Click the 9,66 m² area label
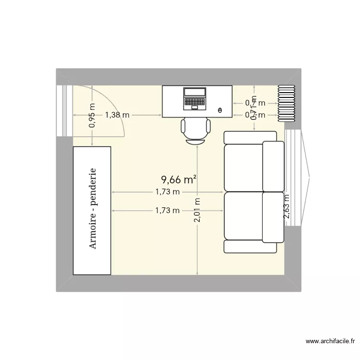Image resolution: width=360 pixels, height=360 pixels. click(179, 180)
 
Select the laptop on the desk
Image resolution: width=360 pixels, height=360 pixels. click(194, 98)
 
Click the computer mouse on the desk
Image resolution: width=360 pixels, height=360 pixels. click(220, 111)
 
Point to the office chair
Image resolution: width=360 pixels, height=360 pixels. click(195, 130)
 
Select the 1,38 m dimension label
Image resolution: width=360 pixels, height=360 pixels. click(117, 115)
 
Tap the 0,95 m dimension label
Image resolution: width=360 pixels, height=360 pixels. click(92, 116)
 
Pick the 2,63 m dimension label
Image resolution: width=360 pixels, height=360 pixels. click(287, 206)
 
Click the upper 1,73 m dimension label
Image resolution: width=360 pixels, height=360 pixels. click(167, 192)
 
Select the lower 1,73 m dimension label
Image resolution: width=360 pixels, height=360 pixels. click(167, 210)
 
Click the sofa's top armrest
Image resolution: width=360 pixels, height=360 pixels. click(250, 137)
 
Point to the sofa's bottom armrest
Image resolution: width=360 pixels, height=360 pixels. click(250, 246)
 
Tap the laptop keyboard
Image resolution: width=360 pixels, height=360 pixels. click(194, 102)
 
